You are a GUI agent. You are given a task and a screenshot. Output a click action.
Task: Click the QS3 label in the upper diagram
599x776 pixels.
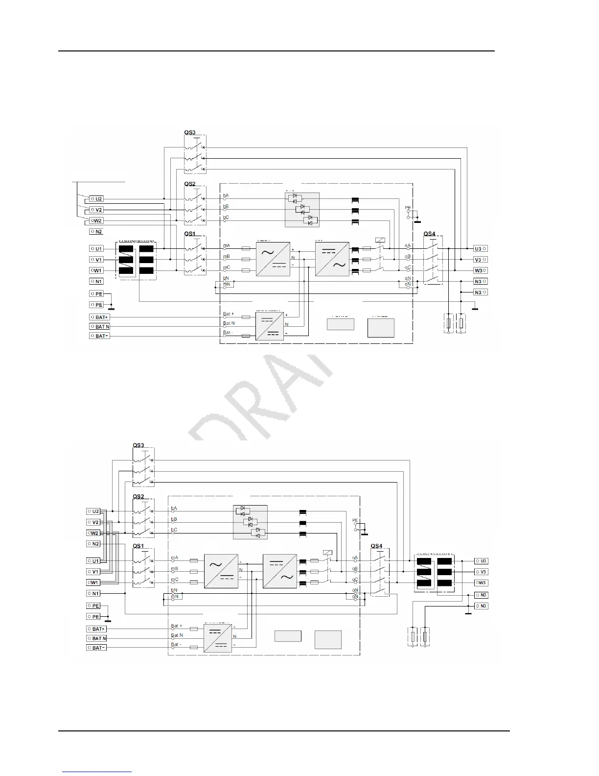tap(189, 133)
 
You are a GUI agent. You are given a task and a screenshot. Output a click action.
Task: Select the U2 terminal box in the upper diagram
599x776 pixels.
tap(96, 199)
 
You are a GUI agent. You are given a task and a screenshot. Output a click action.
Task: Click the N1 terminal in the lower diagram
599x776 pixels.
tap(93, 593)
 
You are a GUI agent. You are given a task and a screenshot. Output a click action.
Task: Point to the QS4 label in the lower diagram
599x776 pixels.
tap(376, 546)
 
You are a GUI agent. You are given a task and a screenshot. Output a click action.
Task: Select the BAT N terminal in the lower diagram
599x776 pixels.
tap(97, 638)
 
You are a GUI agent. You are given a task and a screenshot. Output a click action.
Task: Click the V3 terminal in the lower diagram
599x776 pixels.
tap(481, 572)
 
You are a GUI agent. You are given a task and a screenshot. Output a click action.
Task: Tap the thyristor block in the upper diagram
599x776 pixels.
tap(302, 210)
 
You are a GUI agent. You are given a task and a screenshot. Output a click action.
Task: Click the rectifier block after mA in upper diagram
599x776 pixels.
tap(273, 259)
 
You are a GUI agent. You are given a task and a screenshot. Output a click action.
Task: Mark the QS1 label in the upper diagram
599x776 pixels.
tap(189, 234)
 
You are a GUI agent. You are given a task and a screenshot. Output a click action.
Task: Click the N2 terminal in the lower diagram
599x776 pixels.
tap(93, 544)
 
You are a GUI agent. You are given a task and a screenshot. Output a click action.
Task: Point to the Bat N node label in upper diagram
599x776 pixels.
tap(229, 323)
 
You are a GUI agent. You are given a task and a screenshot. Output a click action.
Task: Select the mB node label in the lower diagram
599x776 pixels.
tap(174, 569)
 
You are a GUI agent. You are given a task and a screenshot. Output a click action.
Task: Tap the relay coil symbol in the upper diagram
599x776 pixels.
tap(379, 240)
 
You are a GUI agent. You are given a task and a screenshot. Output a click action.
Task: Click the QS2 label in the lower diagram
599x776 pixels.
tap(138, 497)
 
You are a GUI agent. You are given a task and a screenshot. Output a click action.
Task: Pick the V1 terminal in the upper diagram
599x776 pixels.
tap(96, 260)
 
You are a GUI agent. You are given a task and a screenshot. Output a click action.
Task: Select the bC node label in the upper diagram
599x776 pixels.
tap(226, 217)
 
